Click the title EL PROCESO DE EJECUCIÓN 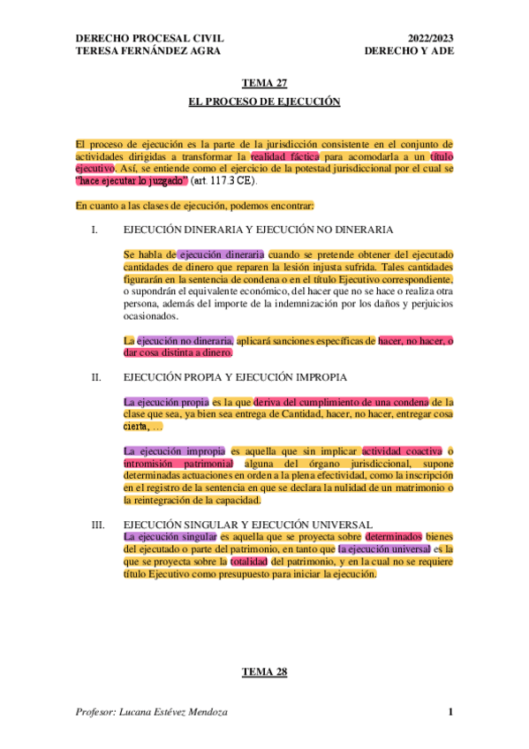pos(264,102)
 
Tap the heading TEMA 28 pos(264,673)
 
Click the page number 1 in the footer pos(450,713)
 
